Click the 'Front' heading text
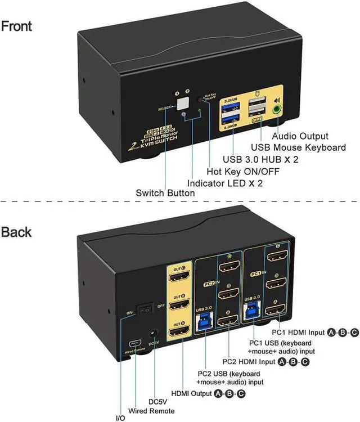(17, 26)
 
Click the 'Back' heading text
(16, 232)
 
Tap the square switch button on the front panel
(182, 103)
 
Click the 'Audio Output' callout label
(299, 136)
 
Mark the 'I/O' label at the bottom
(120, 417)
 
